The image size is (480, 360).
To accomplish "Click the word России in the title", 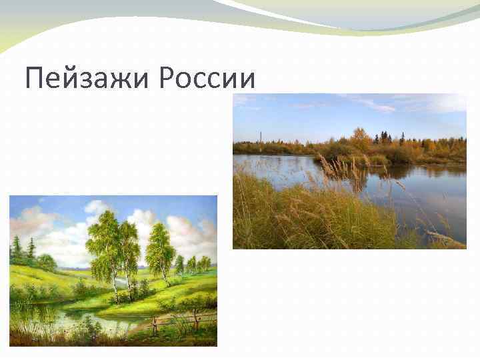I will click(208, 79).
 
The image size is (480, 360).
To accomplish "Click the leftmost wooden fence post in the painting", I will click(154, 325).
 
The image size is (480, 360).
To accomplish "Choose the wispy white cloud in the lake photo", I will click(373, 104).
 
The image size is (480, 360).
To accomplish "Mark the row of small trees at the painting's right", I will click(194, 264).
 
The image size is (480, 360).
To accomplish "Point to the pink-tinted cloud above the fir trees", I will click(30, 221).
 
